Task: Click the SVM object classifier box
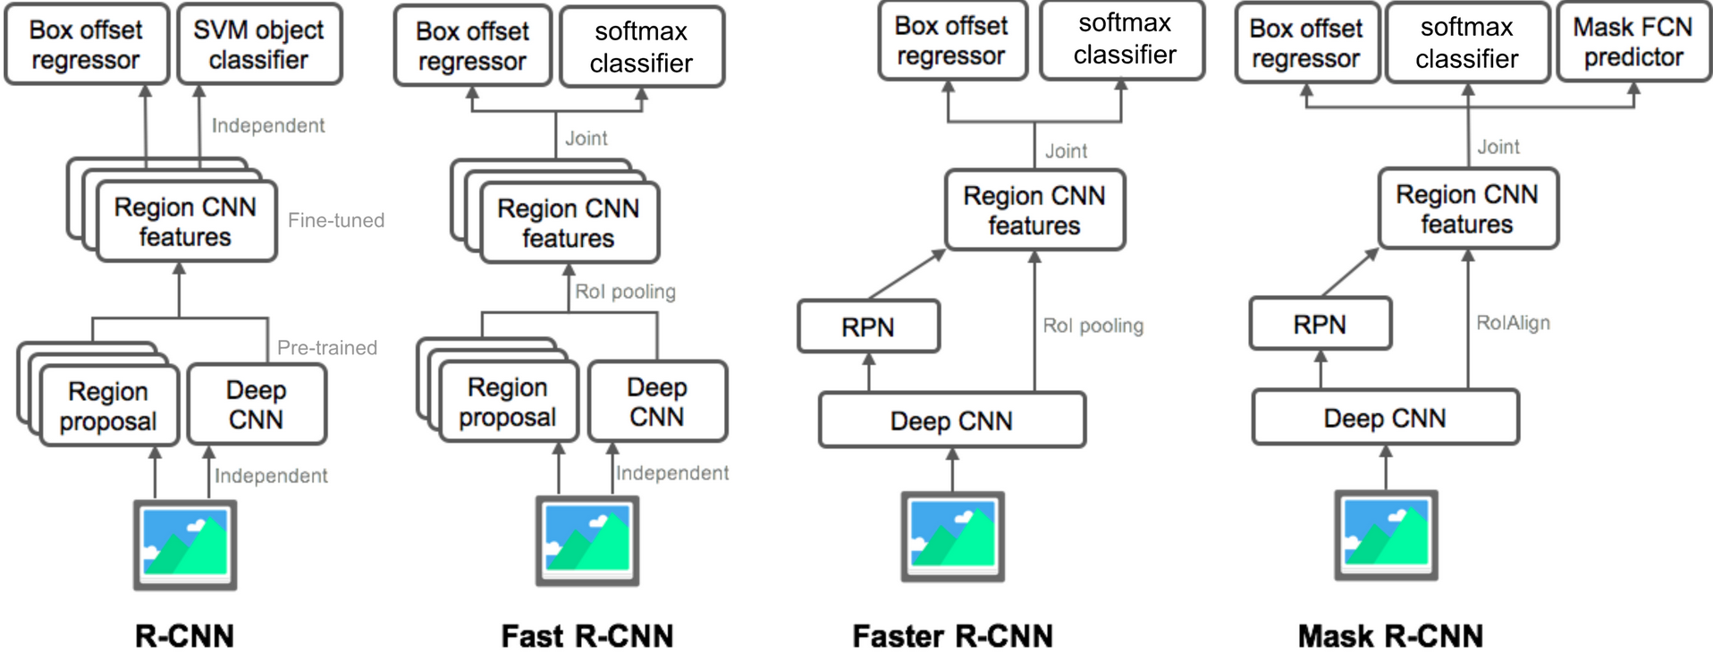pyautogui.click(x=259, y=45)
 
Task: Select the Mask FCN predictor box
pyautogui.click(x=1633, y=43)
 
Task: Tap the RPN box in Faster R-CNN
pyautogui.click(x=868, y=327)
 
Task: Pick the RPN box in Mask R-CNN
pyautogui.click(x=1320, y=324)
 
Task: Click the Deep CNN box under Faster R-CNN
pyautogui.click(x=952, y=420)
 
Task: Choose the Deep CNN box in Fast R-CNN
pyautogui.click(x=657, y=402)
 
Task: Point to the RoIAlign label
pyautogui.click(x=1513, y=323)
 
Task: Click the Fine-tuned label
pyautogui.click(x=336, y=220)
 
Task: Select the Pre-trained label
pyautogui.click(x=327, y=347)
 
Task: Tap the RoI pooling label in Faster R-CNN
pyautogui.click(x=1093, y=326)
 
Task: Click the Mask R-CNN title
pyautogui.click(x=1390, y=636)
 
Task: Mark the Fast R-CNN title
pyautogui.click(x=587, y=636)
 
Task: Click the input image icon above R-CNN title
pyautogui.click(x=185, y=545)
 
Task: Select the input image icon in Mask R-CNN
pyautogui.click(x=1386, y=535)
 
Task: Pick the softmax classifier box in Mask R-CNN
pyautogui.click(x=1467, y=43)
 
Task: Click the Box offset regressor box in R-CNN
pyautogui.click(x=86, y=45)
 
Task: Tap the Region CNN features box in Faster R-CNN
pyautogui.click(x=1034, y=210)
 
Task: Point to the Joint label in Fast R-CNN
pyautogui.click(x=586, y=138)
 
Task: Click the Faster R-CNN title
pyautogui.click(x=952, y=636)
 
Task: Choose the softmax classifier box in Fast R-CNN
pyautogui.click(x=641, y=47)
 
